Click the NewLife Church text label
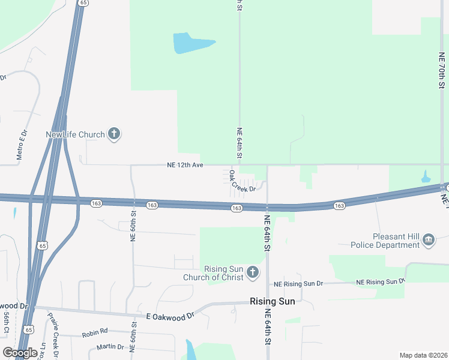point(76,134)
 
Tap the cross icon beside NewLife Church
point(115,134)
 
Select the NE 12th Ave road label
point(185,165)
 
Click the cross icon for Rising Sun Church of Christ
point(253,273)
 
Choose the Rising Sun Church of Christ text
point(224,273)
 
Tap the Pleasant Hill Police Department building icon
point(429,241)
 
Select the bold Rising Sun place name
point(272,302)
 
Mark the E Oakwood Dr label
point(170,315)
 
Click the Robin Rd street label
point(95,331)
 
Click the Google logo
point(20,352)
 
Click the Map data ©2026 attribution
point(423,355)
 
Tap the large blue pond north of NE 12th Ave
point(191,43)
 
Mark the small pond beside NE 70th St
point(426,177)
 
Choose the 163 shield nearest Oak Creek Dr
point(237,208)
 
